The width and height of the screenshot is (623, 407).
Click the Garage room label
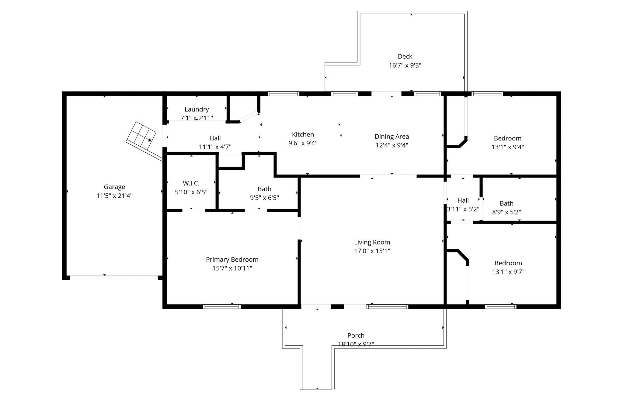point(114,187)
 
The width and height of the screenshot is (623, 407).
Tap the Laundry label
point(197,109)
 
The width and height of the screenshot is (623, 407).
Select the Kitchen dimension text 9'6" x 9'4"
point(303,143)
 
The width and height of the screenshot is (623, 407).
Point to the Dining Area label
point(392,136)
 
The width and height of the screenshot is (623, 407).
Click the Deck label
point(405,56)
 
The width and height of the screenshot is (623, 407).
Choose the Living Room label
point(372,242)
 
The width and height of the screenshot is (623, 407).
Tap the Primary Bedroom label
point(232,260)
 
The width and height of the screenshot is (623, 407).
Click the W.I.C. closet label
point(191,183)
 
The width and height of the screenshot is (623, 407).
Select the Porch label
point(356,335)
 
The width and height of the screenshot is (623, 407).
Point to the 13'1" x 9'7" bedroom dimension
point(508,272)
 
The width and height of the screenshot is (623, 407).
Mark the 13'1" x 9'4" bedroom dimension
point(508,147)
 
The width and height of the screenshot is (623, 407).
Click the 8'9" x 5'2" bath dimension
point(506,212)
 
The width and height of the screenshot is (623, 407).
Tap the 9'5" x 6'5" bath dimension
point(264,198)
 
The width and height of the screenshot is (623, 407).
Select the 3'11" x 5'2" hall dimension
point(463,209)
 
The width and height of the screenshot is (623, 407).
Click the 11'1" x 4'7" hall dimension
point(215,147)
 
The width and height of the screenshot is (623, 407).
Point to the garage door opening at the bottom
point(114,278)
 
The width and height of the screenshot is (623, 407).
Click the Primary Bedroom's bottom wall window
point(222,306)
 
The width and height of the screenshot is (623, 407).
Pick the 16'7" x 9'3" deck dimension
point(405,65)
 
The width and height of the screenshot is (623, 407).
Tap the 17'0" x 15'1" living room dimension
point(372,251)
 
